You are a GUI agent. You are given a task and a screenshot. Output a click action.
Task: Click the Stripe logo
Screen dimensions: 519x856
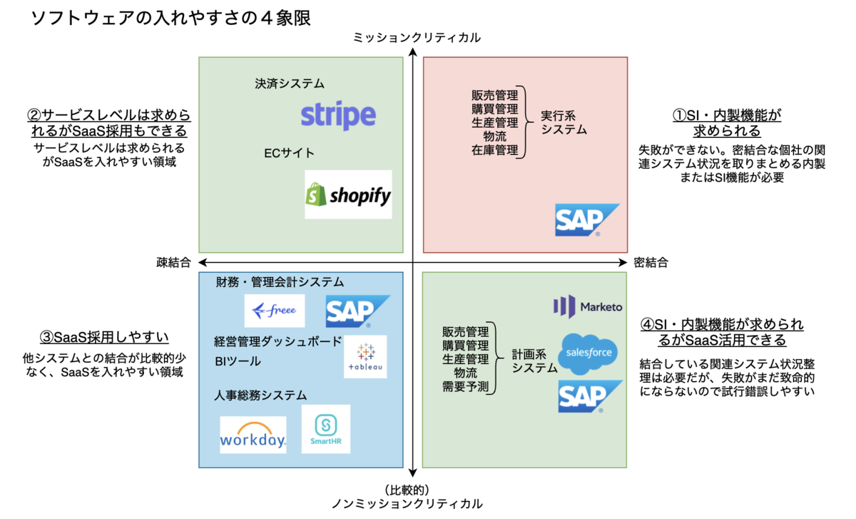coord(338,116)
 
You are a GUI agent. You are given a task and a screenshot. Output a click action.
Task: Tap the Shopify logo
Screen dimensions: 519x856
coord(348,194)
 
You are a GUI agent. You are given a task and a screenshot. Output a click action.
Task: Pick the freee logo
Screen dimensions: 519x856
coord(275,311)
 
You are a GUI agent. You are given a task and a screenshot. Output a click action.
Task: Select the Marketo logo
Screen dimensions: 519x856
coord(588,306)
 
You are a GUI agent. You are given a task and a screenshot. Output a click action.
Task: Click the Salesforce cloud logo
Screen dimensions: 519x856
coord(588,353)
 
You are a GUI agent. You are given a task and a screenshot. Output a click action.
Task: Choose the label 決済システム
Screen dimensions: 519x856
coord(289,84)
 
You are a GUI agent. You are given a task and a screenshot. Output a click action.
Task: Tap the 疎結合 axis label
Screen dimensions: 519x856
coord(173,263)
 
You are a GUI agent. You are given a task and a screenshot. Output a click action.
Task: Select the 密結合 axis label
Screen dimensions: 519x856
coord(651,263)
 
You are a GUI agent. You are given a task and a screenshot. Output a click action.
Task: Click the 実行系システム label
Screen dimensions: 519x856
coord(564,122)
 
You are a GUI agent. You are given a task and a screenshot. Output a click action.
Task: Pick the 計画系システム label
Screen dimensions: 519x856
coord(534,361)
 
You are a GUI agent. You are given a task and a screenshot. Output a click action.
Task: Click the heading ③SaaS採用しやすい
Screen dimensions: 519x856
coord(108,337)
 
